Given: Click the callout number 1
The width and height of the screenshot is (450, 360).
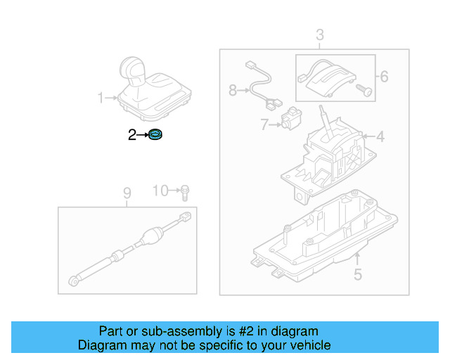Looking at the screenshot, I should pyautogui.click(x=100, y=97).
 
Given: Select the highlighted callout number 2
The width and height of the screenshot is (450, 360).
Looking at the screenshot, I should pyautogui.click(x=131, y=135).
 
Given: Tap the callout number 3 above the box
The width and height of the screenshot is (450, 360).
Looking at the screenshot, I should pyautogui.click(x=319, y=34).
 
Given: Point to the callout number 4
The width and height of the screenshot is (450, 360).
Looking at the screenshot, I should pyautogui.click(x=380, y=136).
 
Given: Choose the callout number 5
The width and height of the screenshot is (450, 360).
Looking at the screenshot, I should pyautogui.click(x=358, y=274).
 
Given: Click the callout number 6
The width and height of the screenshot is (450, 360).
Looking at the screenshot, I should pyautogui.click(x=384, y=76).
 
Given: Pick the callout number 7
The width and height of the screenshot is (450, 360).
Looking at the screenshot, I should pyautogui.click(x=264, y=125).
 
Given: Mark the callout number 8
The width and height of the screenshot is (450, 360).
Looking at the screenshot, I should pyautogui.click(x=233, y=90).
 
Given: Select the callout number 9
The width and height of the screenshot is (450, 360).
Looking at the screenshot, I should pyautogui.click(x=127, y=192).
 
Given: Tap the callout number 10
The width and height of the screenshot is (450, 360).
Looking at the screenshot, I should pyautogui.click(x=161, y=191).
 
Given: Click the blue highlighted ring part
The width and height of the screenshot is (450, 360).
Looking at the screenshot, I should pyautogui.click(x=155, y=135).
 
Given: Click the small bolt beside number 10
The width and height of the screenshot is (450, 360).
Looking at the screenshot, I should pyautogui.click(x=184, y=190).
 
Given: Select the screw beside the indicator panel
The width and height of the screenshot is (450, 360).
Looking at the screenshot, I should pyautogui.click(x=363, y=89).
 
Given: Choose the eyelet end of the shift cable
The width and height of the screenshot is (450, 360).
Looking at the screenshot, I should pyautogui.click(x=74, y=282).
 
